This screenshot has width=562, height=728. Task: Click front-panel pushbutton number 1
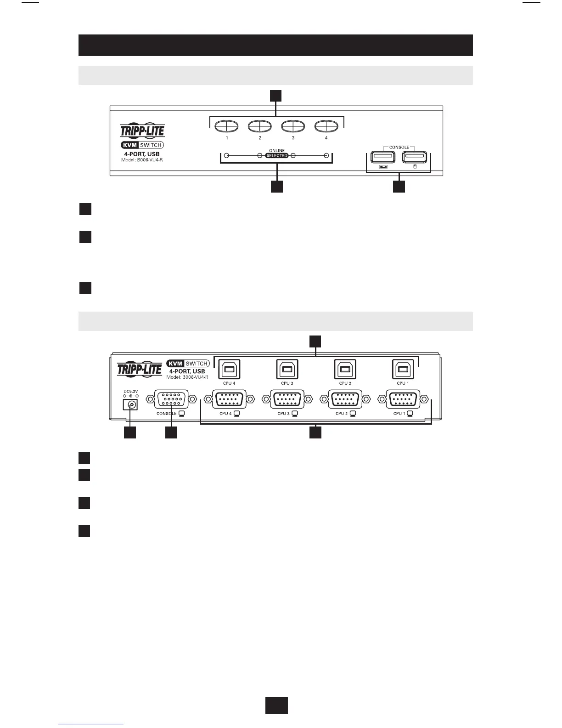pyautogui.click(x=226, y=126)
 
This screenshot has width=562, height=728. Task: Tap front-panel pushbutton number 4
pyautogui.click(x=326, y=126)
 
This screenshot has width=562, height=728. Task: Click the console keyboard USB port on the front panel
pyautogui.click(x=382, y=157)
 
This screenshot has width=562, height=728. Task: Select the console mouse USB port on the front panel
pyautogui.click(x=415, y=157)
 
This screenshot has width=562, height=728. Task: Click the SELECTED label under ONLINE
pyautogui.click(x=276, y=156)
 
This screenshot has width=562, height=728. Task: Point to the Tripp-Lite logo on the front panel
pyautogui.click(x=142, y=131)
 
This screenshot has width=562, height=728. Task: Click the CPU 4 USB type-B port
pyautogui.click(x=228, y=370)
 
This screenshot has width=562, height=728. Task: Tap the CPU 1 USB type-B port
pyautogui.click(x=403, y=370)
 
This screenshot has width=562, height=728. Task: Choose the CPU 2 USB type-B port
pyautogui.click(x=345, y=370)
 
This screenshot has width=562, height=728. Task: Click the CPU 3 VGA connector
pyautogui.click(x=287, y=399)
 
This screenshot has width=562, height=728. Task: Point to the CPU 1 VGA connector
pyautogui.click(x=403, y=399)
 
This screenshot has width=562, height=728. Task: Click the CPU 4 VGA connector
pyautogui.click(x=228, y=399)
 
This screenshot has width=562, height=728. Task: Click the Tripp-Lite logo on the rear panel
pyautogui.click(x=140, y=369)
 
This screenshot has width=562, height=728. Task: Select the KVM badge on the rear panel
pyautogui.click(x=176, y=364)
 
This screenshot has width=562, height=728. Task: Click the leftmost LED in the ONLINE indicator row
pyautogui.click(x=226, y=156)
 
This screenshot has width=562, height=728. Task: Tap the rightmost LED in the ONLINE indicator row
pyautogui.click(x=326, y=156)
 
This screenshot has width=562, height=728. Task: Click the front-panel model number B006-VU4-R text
pyautogui.click(x=141, y=160)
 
